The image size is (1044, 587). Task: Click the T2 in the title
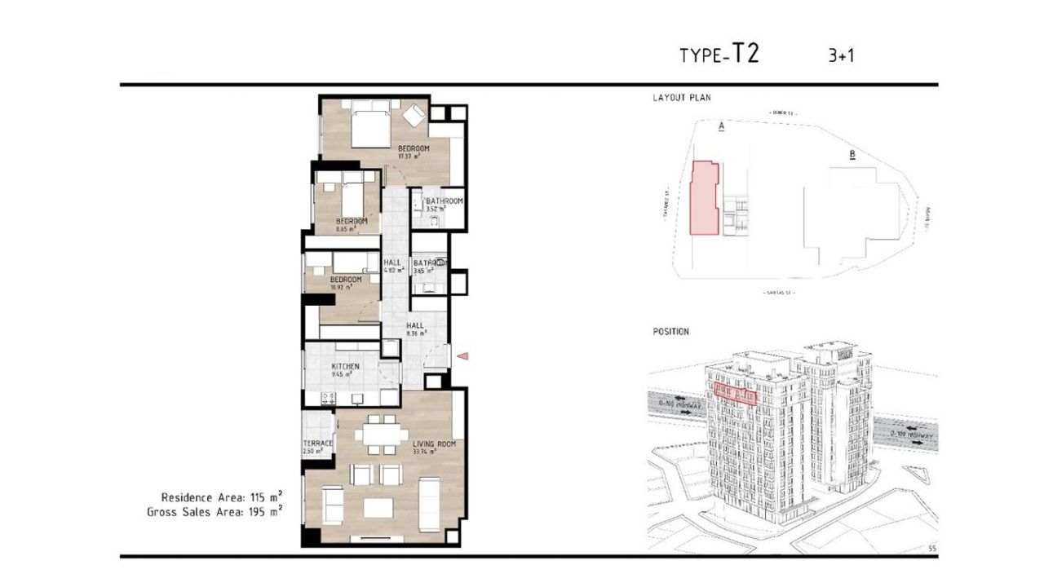coord(745,54)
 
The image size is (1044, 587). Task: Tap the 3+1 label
coord(841,55)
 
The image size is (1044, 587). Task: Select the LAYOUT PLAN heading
coord(682,98)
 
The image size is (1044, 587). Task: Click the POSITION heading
coord(670,332)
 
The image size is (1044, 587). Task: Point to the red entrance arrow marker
coord(462,355)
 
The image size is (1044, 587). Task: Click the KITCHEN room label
coord(345,367)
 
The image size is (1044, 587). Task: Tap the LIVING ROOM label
coord(433,444)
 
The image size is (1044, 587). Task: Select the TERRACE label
coord(317,444)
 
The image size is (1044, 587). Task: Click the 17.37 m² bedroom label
coord(414,148)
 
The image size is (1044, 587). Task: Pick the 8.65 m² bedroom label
coord(352,222)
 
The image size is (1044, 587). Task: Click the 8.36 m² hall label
coord(415,325)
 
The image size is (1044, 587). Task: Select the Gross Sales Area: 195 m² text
coord(215,512)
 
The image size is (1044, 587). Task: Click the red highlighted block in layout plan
coord(705,199)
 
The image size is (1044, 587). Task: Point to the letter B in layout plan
coord(852,154)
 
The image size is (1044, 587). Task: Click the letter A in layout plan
coord(721,126)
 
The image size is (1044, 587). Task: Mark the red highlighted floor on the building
coord(735,394)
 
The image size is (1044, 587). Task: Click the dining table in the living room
coord(380,435)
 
